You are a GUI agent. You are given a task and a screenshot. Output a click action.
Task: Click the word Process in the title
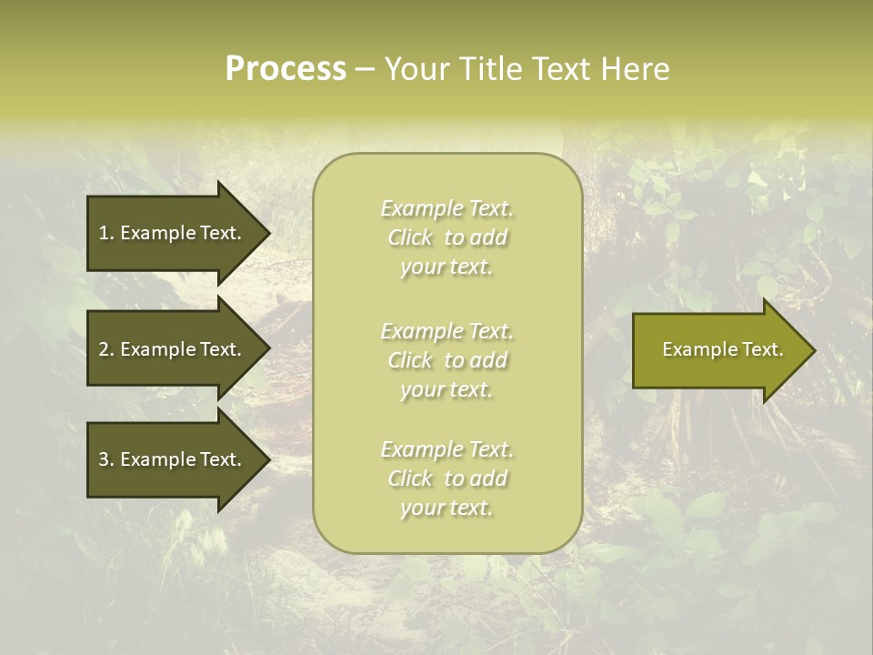[x=286, y=69]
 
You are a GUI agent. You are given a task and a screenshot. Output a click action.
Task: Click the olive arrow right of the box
[x=718, y=350]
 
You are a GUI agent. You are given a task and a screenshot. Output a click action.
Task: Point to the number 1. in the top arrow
[x=105, y=233]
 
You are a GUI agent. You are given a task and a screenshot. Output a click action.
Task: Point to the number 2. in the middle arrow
[x=105, y=349]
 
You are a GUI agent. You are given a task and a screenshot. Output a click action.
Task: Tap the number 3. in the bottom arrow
[x=105, y=459]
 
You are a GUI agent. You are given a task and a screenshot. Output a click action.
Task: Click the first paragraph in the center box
[x=447, y=237]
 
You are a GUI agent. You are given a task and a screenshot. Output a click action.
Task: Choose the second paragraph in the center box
[x=447, y=360]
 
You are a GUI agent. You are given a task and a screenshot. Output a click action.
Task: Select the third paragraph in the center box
[x=447, y=479]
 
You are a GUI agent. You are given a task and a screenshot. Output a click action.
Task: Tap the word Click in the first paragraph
[x=410, y=238]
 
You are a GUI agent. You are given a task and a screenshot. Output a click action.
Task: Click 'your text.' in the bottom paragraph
[x=447, y=508]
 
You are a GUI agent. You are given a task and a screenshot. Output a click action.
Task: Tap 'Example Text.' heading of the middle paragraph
[x=447, y=331]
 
